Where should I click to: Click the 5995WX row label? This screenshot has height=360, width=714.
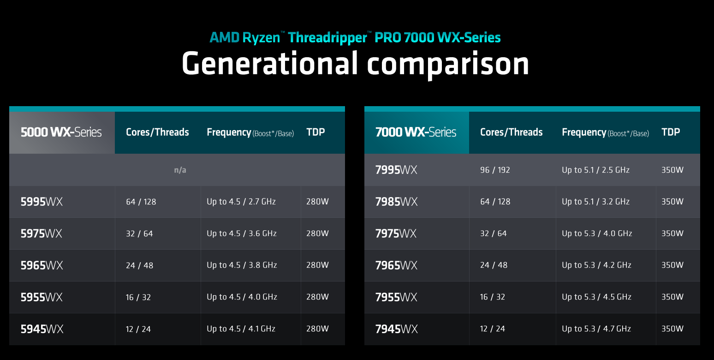[42, 202]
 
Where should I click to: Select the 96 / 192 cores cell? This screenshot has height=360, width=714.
[495, 170]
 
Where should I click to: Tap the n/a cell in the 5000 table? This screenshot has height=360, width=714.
[180, 170]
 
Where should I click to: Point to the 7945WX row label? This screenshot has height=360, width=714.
[396, 329]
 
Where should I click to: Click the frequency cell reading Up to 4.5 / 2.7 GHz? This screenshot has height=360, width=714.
[241, 202]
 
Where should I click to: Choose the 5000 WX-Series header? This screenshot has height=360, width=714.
[61, 132]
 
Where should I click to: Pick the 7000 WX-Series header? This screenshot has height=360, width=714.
[416, 132]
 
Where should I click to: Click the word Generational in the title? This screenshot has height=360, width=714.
[269, 63]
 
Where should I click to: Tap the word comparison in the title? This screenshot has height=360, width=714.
[448, 63]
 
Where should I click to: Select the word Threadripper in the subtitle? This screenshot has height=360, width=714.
[327, 37]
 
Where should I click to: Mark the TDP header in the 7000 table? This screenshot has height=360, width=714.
[671, 132]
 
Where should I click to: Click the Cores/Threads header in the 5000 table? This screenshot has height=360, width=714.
[157, 132]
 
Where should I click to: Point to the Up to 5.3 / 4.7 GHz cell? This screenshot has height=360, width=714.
[596, 329]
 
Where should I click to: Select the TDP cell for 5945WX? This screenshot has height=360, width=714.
[317, 329]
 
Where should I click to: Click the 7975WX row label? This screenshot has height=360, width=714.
[396, 234]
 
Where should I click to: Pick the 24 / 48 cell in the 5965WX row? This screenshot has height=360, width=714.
[139, 265]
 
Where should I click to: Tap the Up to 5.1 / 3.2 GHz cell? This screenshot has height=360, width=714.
[595, 202]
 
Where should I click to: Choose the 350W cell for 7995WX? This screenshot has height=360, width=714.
[672, 170]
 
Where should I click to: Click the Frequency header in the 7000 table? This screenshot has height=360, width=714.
[605, 132]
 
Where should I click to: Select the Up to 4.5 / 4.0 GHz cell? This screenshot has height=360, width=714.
[242, 297]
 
